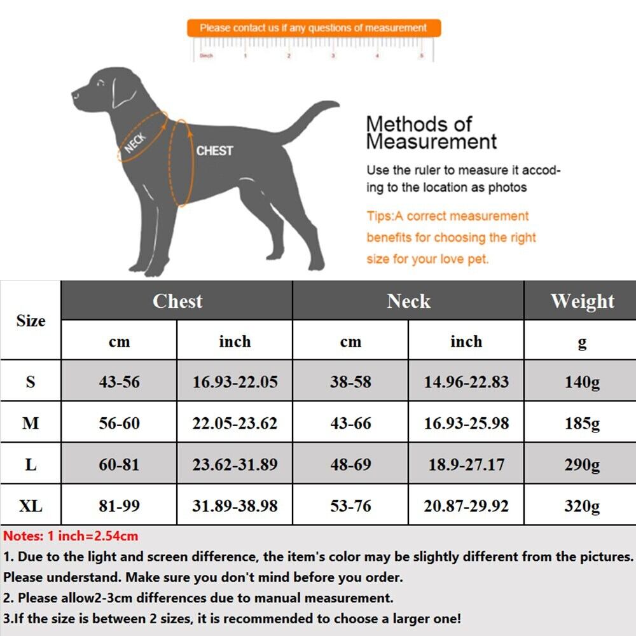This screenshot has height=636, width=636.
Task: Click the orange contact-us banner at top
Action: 314,28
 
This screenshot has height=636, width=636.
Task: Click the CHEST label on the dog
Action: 214,151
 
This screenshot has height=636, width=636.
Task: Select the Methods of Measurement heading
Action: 431,132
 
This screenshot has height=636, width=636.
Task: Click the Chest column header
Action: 177,301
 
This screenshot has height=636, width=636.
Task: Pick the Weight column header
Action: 582,301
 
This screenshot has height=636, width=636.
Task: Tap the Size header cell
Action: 31,321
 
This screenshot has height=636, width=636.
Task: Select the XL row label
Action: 31,506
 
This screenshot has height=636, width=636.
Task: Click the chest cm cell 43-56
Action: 119,382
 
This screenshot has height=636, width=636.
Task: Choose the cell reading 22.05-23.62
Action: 235,424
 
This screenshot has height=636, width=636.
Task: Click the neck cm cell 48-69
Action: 350,465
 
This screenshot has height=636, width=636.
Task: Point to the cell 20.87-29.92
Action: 466,506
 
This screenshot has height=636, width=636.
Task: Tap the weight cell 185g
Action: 582,424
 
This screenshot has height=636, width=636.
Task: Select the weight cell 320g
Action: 582,506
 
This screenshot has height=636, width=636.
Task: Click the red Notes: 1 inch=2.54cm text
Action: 71,536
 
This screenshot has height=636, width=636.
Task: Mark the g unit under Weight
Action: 582,342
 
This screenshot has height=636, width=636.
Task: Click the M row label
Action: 31,424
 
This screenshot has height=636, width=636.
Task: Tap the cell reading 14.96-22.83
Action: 466,382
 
